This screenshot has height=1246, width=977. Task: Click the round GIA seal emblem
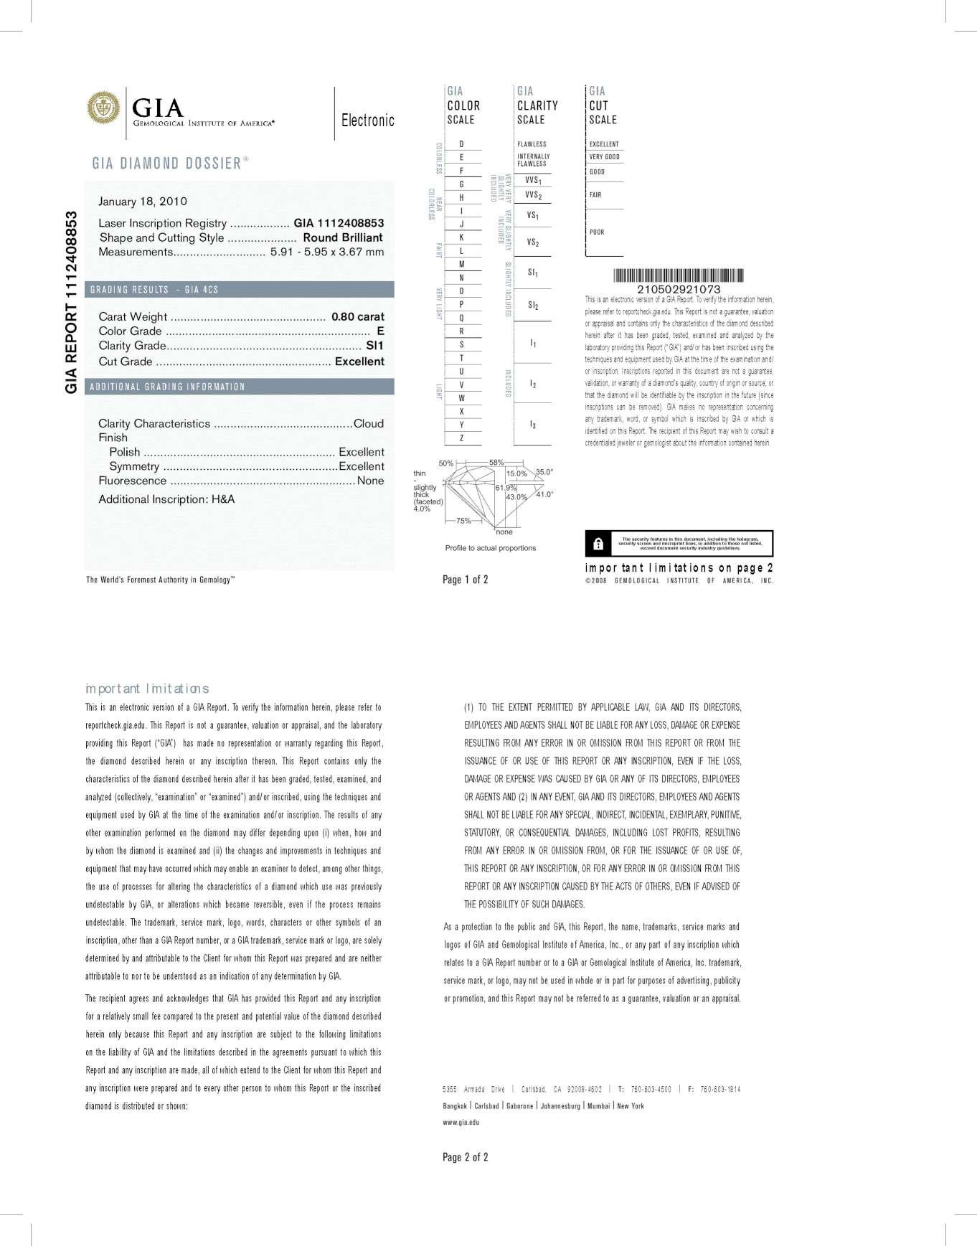[103, 108]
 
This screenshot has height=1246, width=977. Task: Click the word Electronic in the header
[367, 120]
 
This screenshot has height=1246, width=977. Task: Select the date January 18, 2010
[143, 201]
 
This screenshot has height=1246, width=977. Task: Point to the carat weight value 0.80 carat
[357, 316]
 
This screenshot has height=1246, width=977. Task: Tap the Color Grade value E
[380, 331]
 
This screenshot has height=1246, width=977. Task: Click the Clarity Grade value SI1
[374, 345]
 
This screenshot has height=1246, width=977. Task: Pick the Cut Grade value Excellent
[359, 362]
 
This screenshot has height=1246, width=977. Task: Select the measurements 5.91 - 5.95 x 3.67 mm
[326, 252]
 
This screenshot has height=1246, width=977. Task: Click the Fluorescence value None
[370, 481]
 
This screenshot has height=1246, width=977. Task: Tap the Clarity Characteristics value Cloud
[369, 423]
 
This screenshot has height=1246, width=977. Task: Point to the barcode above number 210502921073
[678, 275]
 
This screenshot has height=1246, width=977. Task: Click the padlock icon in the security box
[598, 544]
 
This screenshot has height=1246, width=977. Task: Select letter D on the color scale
[461, 144]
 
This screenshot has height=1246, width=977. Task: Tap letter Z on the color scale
[461, 438]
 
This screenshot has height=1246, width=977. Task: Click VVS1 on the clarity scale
[533, 180]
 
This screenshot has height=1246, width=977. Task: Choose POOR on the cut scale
[597, 232]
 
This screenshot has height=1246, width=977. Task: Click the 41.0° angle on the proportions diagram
[544, 494]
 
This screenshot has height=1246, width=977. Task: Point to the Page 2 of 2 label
[465, 1156]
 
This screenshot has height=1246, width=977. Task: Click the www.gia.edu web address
[461, 1122]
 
